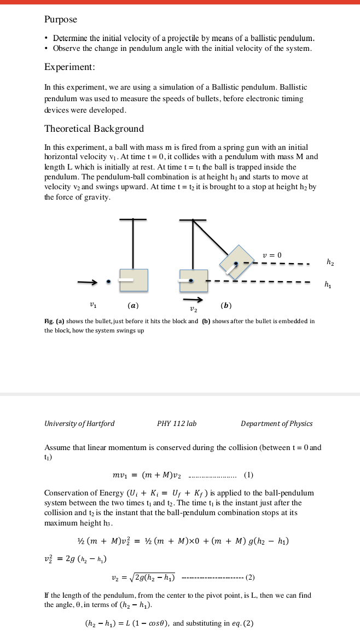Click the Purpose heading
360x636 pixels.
61,20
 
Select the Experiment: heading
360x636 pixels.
69,67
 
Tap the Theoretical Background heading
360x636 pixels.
94,129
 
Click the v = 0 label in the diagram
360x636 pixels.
272,255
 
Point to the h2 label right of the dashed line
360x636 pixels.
330,262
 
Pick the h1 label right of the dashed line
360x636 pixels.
328,285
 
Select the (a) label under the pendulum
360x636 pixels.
133,305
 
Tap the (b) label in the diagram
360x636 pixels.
226,305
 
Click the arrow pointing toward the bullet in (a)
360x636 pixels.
87,282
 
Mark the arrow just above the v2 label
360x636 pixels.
193,300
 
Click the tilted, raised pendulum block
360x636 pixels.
237,262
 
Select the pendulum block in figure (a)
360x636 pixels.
133,280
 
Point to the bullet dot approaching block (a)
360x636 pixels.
108,282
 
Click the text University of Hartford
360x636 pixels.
79,424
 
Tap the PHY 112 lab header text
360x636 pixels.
177,424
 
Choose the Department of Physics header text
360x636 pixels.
277,424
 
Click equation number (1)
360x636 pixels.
248,475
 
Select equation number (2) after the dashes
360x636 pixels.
250,577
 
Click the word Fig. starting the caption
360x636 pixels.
49,322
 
